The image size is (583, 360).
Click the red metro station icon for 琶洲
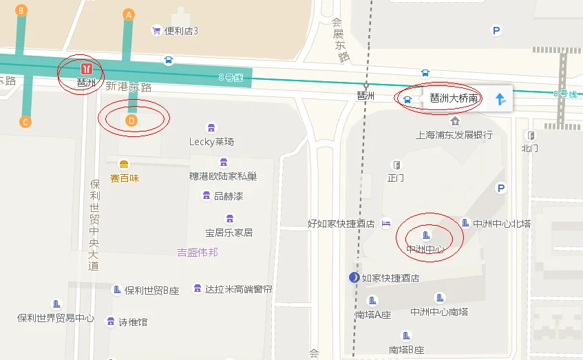point(87,68)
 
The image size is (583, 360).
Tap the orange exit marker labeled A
point(128,14)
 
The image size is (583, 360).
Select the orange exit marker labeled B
point(21,10)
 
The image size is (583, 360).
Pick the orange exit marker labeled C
point(25,123)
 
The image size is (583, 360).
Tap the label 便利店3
point(181,31)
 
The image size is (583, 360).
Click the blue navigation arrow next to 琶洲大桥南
point(500,99)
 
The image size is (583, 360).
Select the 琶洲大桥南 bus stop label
point(454,98)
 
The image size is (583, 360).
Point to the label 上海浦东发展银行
point(454,135)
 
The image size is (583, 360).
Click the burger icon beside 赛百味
point(124,165)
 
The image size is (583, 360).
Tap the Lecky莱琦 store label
point(211,142)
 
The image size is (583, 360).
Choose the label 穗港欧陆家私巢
point(223,176)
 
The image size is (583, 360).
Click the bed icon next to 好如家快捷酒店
point(386,223)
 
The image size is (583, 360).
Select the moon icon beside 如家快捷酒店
point(354,277)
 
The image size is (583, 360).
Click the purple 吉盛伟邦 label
point(198,252)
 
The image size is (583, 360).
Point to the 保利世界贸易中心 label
point(56,318)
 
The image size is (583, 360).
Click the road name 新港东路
point(128,87)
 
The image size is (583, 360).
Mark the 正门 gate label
point(396,178)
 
